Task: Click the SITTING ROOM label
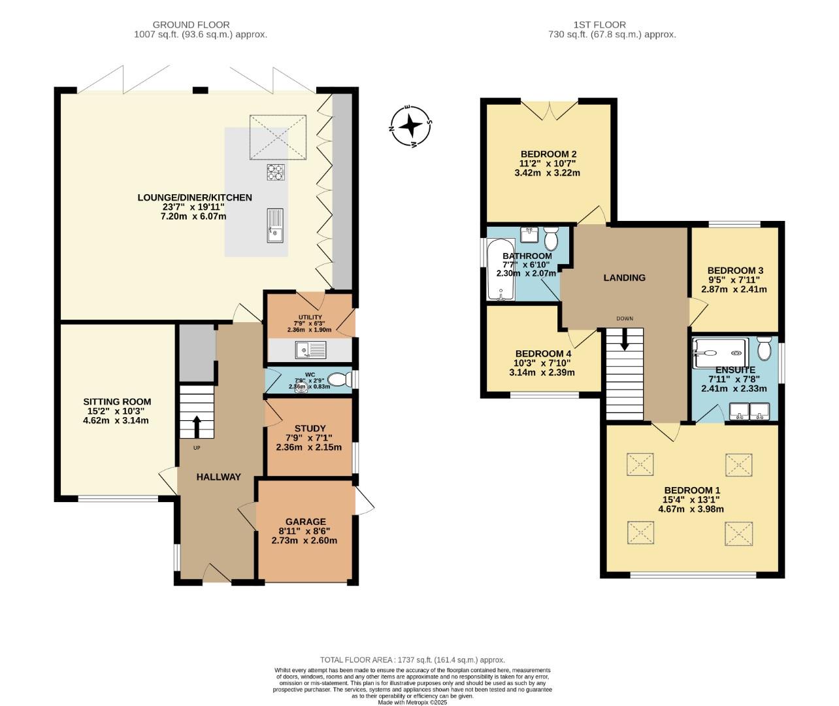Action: click(x=117, y=402)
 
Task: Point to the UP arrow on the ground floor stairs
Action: click(x=196, y=425)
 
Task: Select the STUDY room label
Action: click(x=310, y=429)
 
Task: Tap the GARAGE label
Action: click(x=304, y=522)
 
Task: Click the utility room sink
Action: click(x=310, y=352)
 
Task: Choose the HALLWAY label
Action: click(x=219, y=477)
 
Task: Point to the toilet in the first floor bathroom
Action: click(x=550, y=239)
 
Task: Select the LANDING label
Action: click(x=624, y=278)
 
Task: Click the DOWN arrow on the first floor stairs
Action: click(x=625, y=339)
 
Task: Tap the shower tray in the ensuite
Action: click(x=719, y=353)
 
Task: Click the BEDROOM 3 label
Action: click(x=735, y=271)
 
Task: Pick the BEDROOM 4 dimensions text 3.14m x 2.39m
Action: click(x=542, y=373)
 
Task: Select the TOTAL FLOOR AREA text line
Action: click(x=412, y=660)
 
